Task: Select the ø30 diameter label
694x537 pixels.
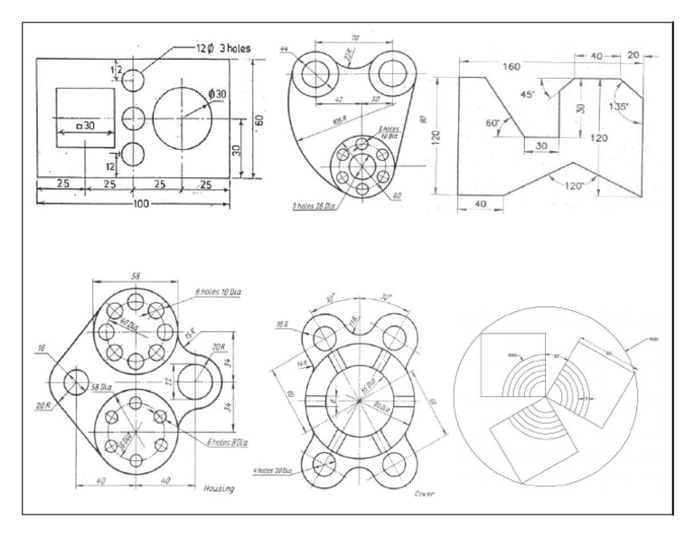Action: [218, 93]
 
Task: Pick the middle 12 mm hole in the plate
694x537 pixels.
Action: [132, 118]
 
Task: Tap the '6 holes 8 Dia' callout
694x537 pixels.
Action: [227, 442]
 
